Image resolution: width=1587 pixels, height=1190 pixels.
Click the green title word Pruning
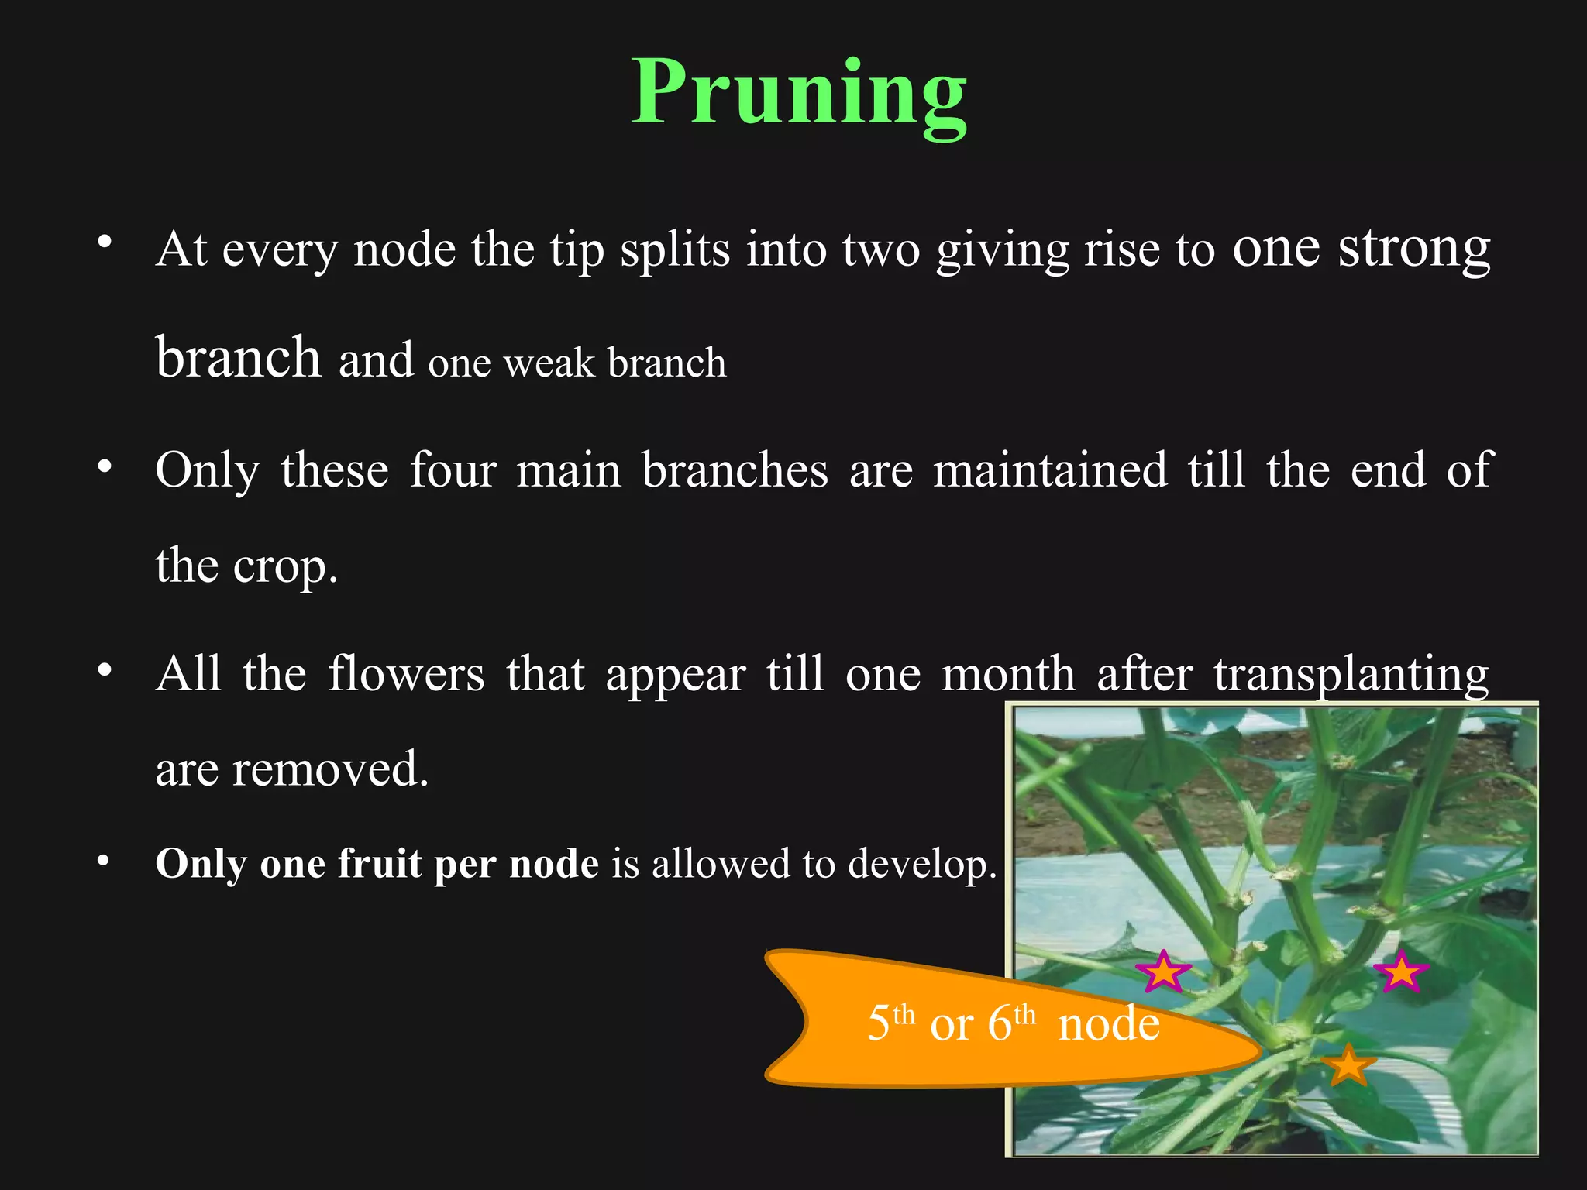coord(799,95)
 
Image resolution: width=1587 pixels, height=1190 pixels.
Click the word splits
coord(674,249)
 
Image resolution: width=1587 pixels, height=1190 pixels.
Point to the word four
coord(453,469)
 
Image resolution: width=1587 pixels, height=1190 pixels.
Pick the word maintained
coord(1050,469)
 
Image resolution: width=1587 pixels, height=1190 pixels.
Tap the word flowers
coord(406,672)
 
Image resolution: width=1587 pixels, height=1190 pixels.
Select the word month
coord(1008,672)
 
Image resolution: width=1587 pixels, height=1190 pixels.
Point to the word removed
coord(330,769)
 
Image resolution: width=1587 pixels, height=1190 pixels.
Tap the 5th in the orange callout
coord(890,1023)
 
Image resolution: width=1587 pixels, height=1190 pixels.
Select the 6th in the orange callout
coord(1010,1023)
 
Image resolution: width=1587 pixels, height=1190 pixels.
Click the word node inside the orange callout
coord(1109,1024)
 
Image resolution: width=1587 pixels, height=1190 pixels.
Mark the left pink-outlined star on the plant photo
coord(1163,972)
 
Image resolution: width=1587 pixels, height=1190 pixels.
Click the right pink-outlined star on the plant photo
coord(1401,972)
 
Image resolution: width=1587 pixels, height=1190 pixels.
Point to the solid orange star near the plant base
coord(1348,1065)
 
